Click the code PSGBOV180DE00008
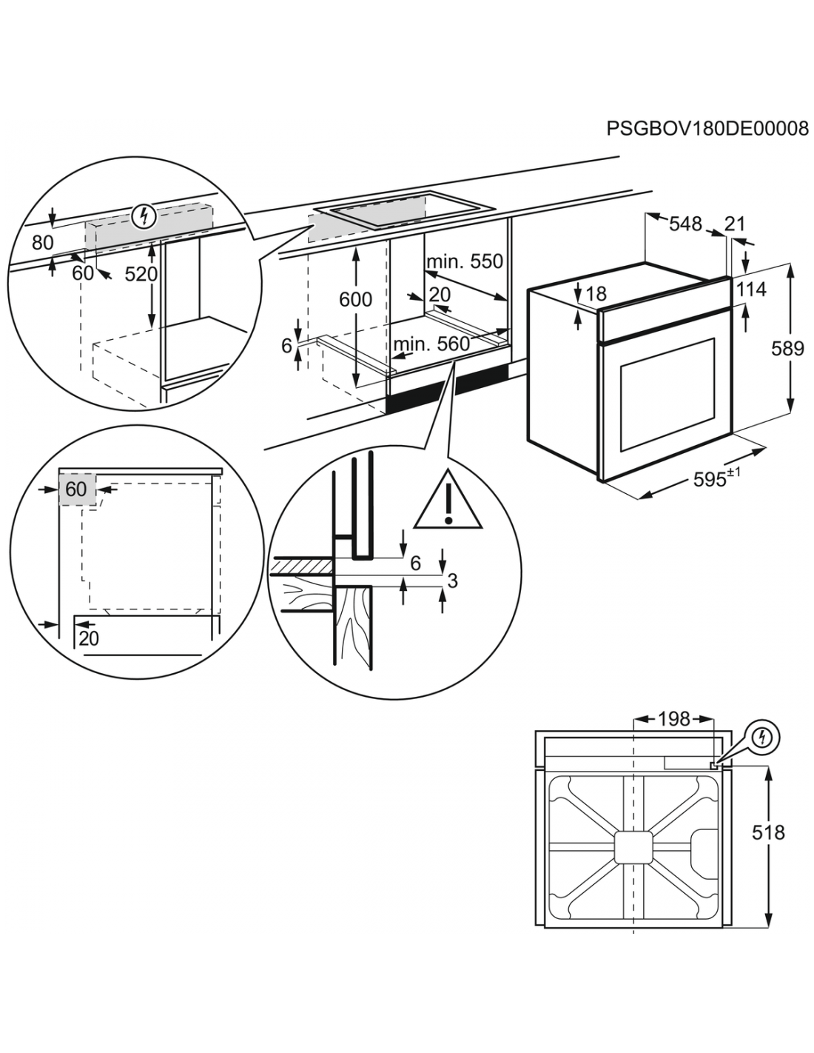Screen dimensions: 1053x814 [x=707, y=130]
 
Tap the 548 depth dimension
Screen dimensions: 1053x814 [x=685, y=223]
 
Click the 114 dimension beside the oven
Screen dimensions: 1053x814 [x=751, y=289]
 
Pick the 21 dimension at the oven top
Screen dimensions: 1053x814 [x=735, y=223]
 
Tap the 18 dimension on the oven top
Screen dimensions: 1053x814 [x=596, y=295]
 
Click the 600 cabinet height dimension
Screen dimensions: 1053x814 [x=356, y=299]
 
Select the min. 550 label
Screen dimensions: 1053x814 [x=464, y=261]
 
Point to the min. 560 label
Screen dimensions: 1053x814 [x=431, y=344]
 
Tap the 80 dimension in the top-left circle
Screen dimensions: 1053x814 [x=43, y=242]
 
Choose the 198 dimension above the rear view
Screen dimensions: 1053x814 [x=673, y=718]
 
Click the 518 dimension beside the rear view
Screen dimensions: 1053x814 [x=768, y=832]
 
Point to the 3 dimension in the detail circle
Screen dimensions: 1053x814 [x=452, y=581]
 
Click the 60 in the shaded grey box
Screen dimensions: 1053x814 [x=76, y=489]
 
